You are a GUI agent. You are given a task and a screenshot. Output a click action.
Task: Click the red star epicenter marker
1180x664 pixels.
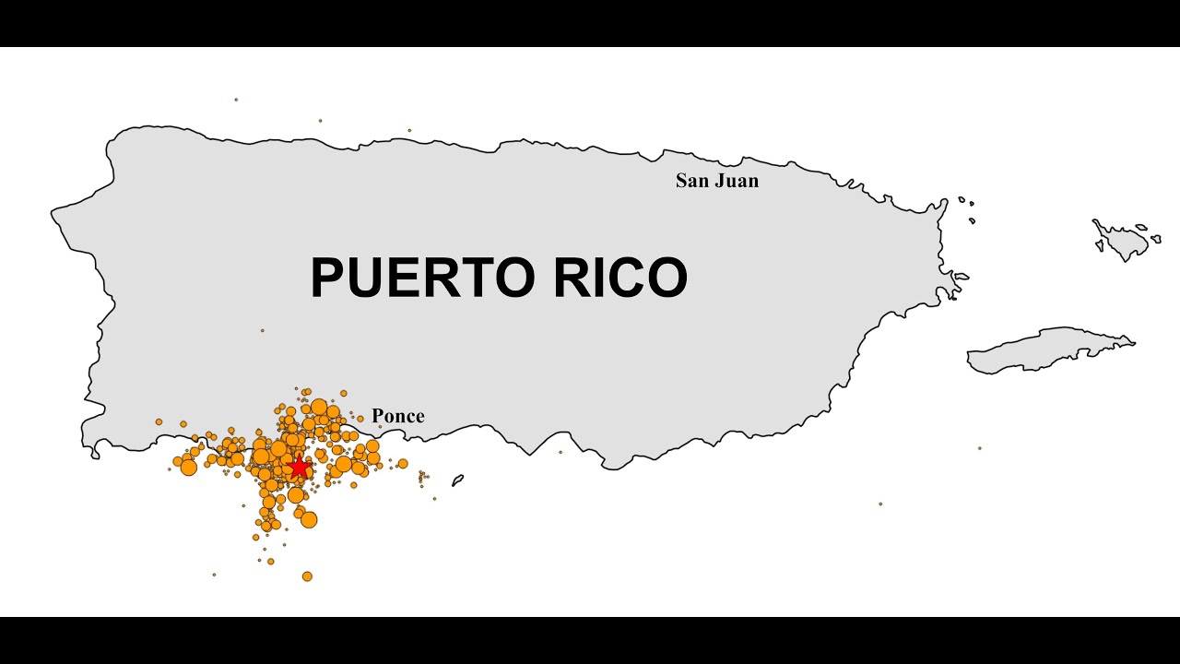coord(298,468)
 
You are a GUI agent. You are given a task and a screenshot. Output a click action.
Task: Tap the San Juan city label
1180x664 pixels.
coord(717,181)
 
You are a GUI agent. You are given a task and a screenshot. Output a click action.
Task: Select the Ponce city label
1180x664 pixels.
coord(398,416)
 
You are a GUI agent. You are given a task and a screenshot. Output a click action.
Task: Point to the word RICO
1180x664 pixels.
coord(620,278)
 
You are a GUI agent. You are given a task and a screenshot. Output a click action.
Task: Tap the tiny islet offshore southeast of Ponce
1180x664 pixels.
coord(457,480)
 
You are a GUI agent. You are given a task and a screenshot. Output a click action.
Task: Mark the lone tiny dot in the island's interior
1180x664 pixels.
coord(262,330)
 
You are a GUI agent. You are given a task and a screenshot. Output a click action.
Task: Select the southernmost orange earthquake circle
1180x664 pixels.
coord(307,576)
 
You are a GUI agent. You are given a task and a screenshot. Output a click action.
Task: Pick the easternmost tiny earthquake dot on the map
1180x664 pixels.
coord(979,448)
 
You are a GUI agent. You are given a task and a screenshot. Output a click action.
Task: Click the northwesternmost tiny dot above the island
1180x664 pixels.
coord(236,100)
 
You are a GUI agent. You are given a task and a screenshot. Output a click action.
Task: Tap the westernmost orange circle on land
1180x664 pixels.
coord(159,421)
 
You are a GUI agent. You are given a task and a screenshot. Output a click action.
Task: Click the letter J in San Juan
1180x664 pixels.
coord(719,181)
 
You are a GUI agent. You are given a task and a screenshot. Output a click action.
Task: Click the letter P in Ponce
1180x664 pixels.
coord(378,416)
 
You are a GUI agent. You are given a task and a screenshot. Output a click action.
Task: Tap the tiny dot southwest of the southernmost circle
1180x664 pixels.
coord(214,575)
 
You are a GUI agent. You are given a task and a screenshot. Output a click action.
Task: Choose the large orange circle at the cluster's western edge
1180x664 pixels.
coord(189,468)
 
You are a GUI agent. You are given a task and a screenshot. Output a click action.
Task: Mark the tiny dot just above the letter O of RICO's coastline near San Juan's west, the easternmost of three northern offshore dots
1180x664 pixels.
coord(409,130)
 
